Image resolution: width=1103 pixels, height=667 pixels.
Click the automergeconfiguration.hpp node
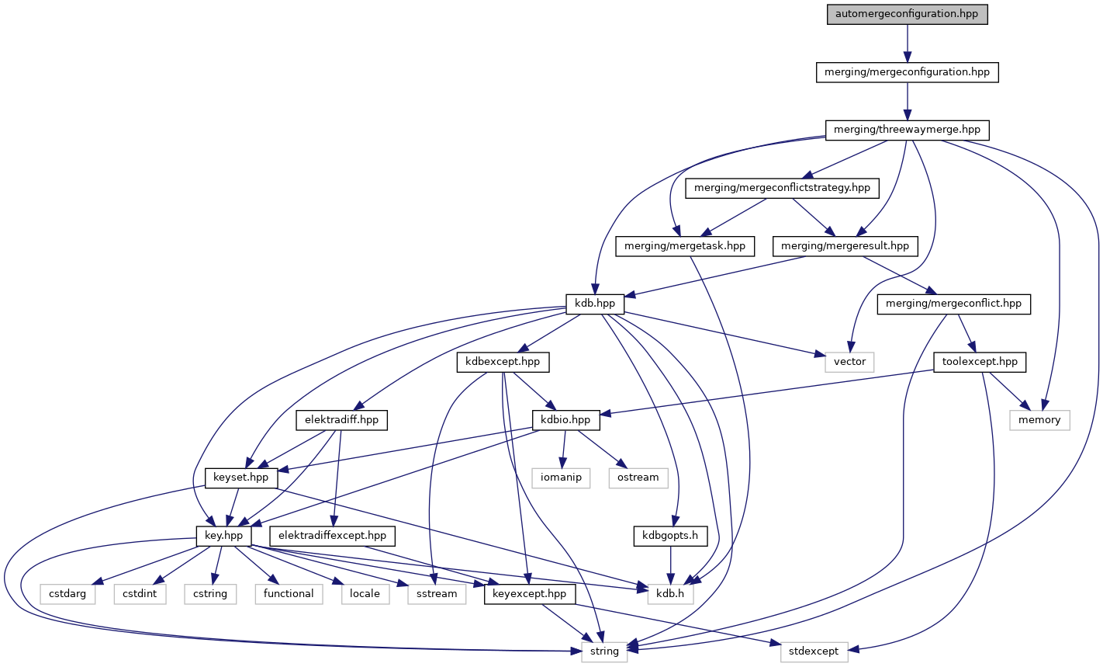[907, 15]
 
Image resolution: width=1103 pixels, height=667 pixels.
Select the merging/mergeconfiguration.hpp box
[907, 72]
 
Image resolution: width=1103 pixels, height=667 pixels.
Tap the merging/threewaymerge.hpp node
[907, 130]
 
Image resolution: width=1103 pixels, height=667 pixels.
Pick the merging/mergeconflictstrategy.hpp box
[782, 187]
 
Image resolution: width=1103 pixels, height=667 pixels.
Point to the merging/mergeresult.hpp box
[845, 246]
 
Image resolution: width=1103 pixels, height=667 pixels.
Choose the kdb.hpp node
[595, 304]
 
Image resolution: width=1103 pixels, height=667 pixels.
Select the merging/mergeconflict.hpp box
[954, 304]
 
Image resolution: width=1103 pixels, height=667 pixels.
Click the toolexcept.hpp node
[980, 362]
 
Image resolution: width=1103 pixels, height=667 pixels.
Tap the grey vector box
[849, 362]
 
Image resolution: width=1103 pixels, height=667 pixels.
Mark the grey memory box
[1039, 420]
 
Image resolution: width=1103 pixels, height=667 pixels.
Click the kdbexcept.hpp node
[503, 362]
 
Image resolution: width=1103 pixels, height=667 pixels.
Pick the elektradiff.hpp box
[341, 420]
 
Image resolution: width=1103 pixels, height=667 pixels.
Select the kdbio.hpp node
[566, 420]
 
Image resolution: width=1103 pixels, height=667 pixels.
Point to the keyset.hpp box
[241, 478]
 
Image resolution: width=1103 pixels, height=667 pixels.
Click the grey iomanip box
[561, 478]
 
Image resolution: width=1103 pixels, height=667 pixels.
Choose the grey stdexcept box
[814, 651]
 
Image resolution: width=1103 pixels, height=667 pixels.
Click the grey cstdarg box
[68, 593]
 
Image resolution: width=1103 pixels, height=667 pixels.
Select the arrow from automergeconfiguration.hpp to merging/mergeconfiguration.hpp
[907, 43]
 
